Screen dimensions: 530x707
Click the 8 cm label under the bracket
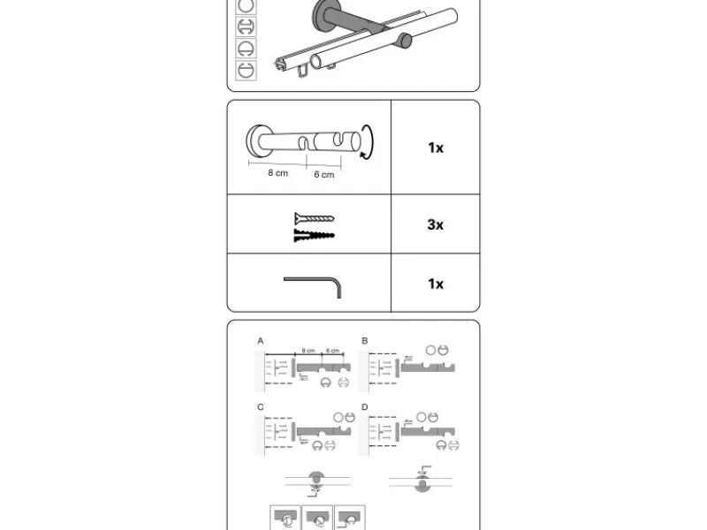coord(278,173)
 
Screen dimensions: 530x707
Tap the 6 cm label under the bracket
coord(324,175)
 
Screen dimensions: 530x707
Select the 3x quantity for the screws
coord(435,224)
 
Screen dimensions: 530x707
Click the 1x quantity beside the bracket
coord(435,148)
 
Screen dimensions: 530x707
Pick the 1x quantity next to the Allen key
coord(435,284)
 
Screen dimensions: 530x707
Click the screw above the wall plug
coord(314,218)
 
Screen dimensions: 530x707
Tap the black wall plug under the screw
coord(314,235)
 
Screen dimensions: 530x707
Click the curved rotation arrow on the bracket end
coord(369,144)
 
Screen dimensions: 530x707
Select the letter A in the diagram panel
coord(261,341)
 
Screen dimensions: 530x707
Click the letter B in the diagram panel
coord(364,341)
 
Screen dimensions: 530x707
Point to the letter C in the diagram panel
coord(261,407)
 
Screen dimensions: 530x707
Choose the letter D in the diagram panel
coord(364,407)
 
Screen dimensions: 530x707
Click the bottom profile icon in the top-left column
coord(246,70)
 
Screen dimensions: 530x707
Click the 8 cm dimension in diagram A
coord(308,351)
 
